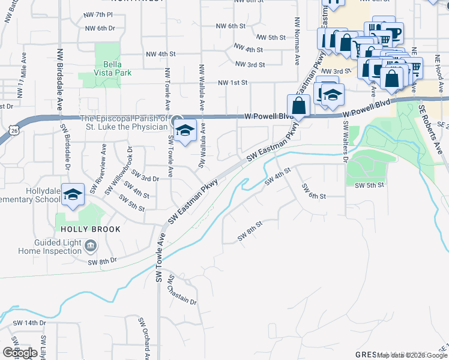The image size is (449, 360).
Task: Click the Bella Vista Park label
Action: (109, 68)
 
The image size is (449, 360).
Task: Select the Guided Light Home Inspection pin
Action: (90, 245)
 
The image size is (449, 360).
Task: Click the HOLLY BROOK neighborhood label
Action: (89, 229)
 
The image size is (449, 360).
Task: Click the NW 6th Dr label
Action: (100, 28)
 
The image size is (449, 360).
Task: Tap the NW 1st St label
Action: (232, 83)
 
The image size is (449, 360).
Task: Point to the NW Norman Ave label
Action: (297, 41)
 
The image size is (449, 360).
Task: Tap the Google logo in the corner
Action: (20, 353)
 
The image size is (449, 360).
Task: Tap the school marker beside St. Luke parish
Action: (186, 131)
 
